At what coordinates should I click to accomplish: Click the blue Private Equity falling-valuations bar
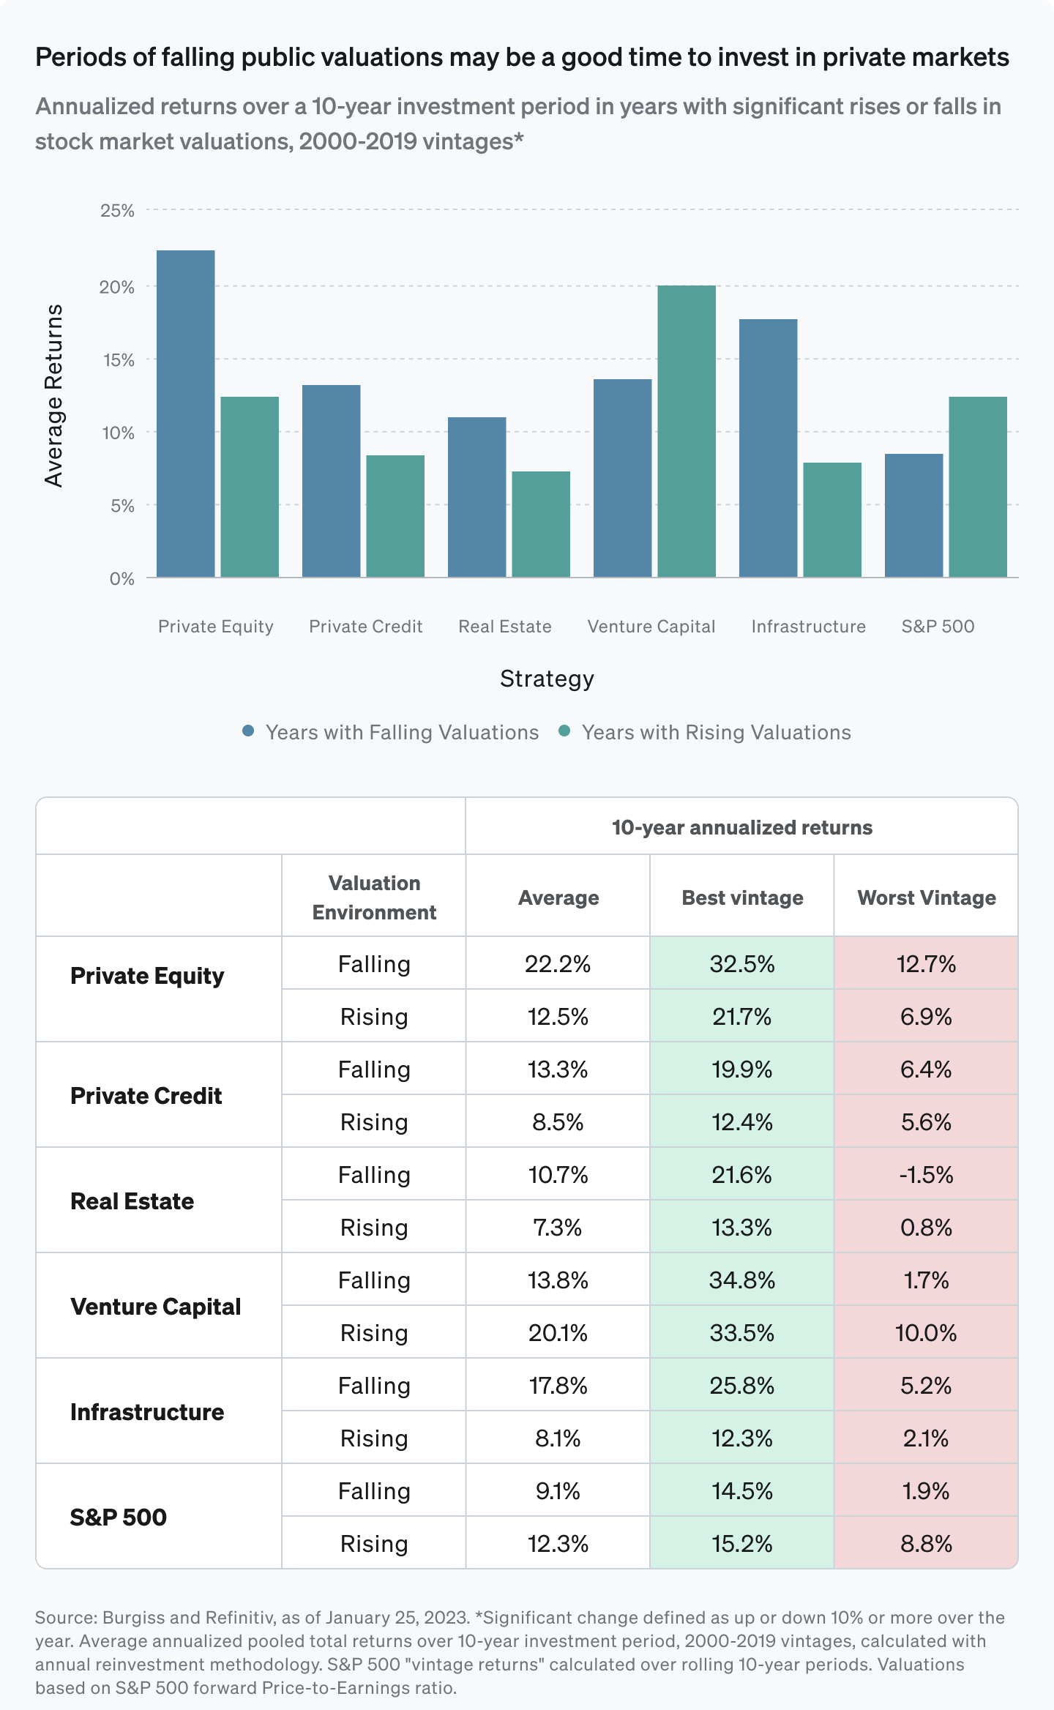(185, 414)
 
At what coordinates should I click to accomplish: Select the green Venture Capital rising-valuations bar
(687, 431)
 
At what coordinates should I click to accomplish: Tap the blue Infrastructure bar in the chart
(768, 448)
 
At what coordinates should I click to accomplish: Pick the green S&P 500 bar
(978, 487)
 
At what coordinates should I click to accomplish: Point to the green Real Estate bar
(541, 524)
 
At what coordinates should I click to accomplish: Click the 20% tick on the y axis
(117, 287)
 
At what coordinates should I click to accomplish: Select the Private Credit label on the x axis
(365, 627)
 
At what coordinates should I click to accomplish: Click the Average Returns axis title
(54, 395)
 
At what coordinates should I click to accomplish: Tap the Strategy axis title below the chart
(547, 679)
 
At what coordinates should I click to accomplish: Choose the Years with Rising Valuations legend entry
(715, 733)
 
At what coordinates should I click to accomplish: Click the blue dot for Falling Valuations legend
(248, 731)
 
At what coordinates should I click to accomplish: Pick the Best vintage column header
(742, 897)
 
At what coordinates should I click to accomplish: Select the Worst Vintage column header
(926, 897)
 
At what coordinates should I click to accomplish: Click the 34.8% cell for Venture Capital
(742, 1280)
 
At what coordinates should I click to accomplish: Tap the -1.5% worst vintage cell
(926, 1175)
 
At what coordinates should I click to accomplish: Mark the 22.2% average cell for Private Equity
(558, 964)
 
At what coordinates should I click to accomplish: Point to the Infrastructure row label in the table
(147, 1412)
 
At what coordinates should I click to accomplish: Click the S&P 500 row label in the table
(119, 1517)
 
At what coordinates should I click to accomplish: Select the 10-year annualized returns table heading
(742, 827)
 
